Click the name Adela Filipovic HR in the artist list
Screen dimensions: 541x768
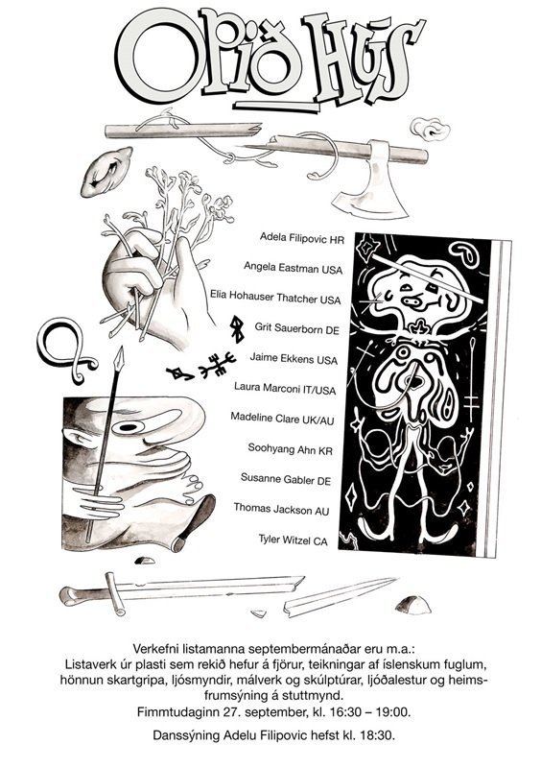click(302, 238)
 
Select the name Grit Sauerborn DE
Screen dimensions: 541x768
click(296, 328)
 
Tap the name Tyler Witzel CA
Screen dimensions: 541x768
click(293, 540)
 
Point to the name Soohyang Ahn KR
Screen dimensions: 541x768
click(290, 448)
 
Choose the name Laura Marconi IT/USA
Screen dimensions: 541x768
click(285, 389)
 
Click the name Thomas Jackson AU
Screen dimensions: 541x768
click(281, 509)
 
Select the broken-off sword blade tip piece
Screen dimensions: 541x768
click(340, 596)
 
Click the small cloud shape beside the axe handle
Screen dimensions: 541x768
click(430, 129)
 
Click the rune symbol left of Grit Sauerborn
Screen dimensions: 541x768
click(238, 328)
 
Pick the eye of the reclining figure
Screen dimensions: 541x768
click(129, 427)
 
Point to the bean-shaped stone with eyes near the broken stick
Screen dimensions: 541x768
click(106, 172)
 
